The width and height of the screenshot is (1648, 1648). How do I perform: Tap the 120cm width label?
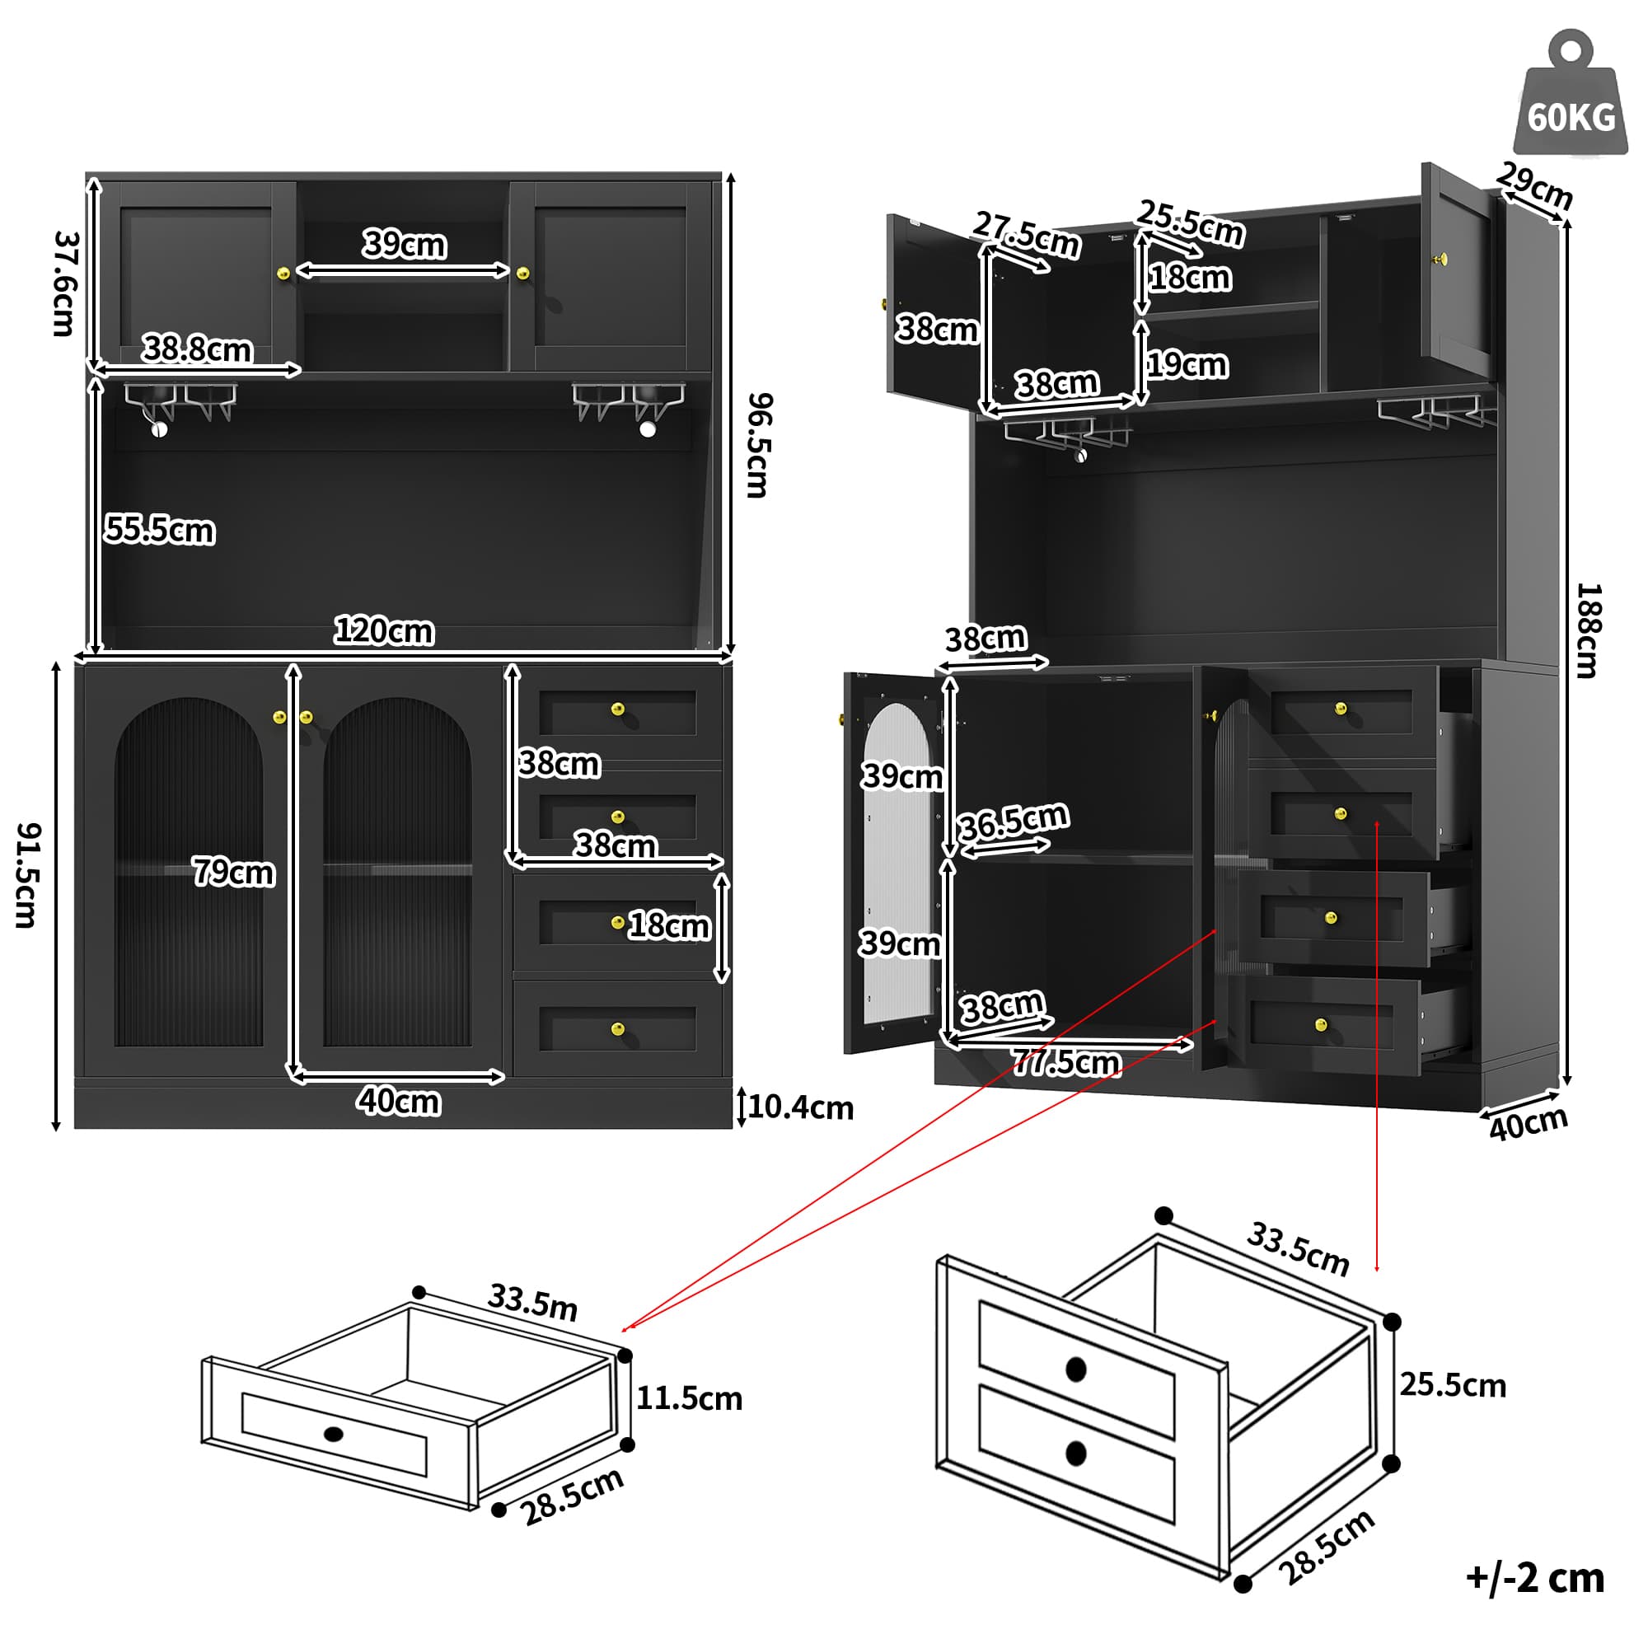pos(384,631)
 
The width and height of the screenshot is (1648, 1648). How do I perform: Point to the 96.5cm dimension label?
pos(757,444)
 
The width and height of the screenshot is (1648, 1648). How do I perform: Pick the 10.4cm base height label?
pos(800,1107)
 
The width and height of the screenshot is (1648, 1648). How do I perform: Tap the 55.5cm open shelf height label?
pos(160,530)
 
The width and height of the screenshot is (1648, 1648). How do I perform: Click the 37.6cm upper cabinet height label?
pos(65,283)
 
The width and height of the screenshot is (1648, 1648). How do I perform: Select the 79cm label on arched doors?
pos(233,872)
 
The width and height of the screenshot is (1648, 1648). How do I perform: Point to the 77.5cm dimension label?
pos(1065,1063)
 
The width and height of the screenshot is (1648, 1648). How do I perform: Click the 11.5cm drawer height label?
pos(689,1398)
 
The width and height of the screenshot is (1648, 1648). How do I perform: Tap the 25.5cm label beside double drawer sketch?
pos(1452,1385)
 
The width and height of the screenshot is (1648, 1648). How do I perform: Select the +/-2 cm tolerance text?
pos(1533,1577)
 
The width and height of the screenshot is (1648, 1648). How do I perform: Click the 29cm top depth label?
pos(1533,185)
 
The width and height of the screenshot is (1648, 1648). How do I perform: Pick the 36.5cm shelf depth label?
pos(1013,822)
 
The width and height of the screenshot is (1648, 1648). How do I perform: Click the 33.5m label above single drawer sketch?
pos(532,1302)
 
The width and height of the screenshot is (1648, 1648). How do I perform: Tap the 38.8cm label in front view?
pos(197,349)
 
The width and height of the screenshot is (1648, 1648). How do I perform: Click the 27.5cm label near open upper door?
pos(1026,235)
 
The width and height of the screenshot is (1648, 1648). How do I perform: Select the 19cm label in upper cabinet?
pos(1187,365)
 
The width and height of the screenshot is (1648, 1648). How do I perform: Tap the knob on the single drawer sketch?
pos(334,1434)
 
